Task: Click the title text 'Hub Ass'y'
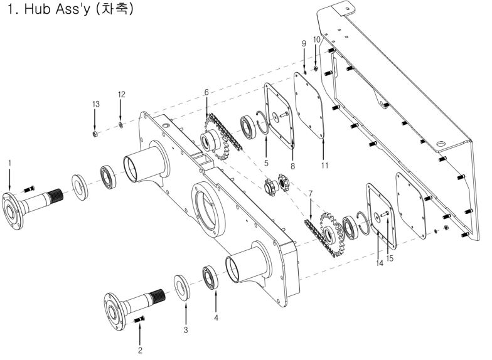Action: pyautogui.click(x=57, y=9)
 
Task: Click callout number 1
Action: pyautogui.click(x=10, y=163)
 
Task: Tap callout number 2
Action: pyautogui.click(x=140, y=350)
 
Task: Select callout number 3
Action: pyautogui.click(x=186, y=330)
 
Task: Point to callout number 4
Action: pyautogui.click(x=216, y=317)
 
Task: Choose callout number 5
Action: pyautogui.click(x=266, y=163)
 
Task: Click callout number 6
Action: pyautogui.click(x=206, y=92)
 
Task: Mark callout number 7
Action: pyautogui.click(x=311, y=193)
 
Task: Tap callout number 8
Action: pyautogui.click(x=292, y=166)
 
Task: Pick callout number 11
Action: pyautogui.click(x=324, y=166)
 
